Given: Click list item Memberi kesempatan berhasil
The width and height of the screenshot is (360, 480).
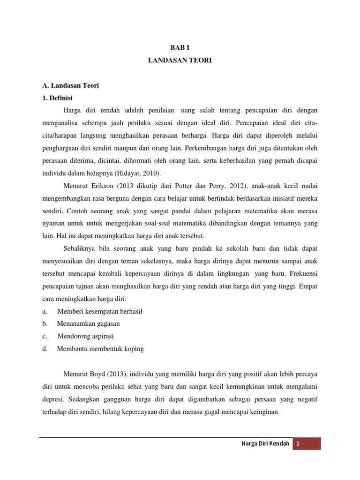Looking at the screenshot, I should click(100, 311).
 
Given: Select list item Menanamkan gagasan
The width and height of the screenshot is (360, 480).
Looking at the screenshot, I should click(89, 323).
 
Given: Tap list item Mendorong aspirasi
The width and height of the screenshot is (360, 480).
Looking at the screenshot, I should click(86, 336).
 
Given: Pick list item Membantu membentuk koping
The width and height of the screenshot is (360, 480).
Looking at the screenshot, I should click(100, 349).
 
